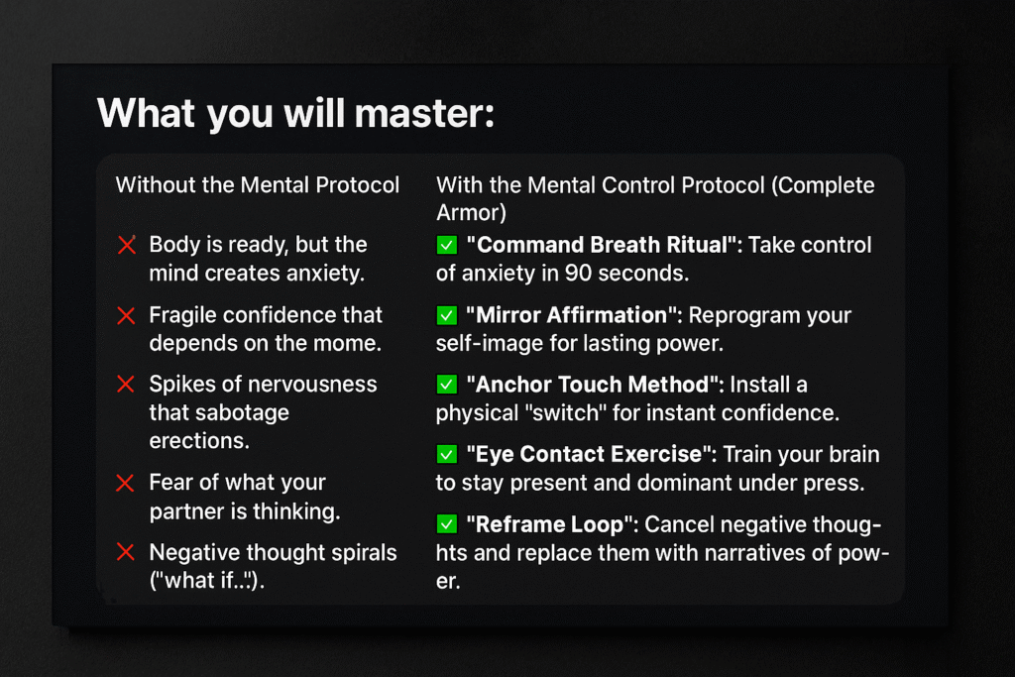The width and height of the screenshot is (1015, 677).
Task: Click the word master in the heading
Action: tap(424, 113)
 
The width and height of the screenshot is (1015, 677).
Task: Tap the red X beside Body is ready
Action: tap(127, 245)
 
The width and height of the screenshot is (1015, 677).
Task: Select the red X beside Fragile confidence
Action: tap(126, 316)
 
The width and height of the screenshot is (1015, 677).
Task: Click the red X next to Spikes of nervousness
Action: tap(126, 384)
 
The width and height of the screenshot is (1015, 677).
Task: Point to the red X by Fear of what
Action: tap(125, 483)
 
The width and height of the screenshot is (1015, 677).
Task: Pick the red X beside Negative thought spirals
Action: tap(125, 552)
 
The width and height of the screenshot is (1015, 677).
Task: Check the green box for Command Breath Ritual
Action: tap(447, 245)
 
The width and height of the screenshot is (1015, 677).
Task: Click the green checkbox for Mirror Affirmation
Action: tap(447, 315)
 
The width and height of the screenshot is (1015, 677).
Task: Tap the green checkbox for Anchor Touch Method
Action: tap(447, 385)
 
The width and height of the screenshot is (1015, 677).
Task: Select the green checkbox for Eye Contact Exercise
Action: tap(447, 454)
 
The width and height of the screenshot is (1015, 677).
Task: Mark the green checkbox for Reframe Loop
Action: tap(447, 523)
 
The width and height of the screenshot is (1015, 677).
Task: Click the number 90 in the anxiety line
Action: tap(578, 274)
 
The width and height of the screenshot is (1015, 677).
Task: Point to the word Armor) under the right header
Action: tap(471, 213)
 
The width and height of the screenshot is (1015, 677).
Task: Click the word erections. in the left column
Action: tap(199, 441)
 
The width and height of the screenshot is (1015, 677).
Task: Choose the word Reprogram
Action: tap(736, 316)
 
